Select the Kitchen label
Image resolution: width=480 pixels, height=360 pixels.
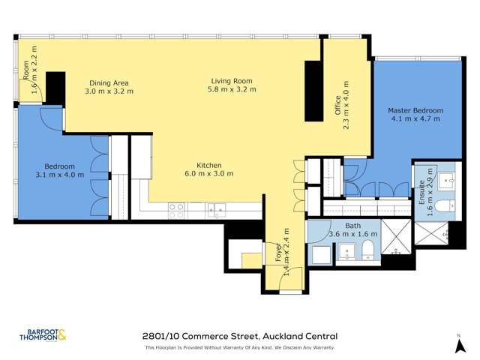pos(208,165)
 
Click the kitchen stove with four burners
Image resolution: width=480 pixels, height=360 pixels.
pos(176,210)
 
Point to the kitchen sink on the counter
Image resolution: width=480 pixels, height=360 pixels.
pos(217,210)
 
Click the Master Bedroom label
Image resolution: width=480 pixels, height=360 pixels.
pos(415,111)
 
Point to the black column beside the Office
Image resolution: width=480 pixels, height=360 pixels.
pos(311,91)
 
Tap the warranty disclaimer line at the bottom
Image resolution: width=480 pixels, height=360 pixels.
pos(239,348)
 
